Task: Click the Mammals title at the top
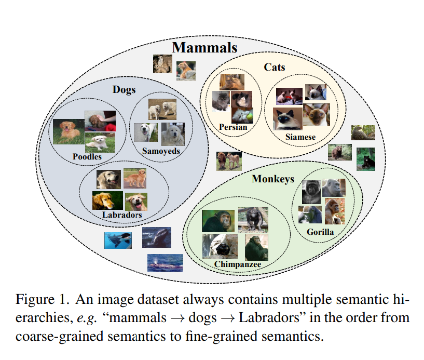204,48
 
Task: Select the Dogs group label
124,90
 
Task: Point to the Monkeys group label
272,179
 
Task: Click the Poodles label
87,156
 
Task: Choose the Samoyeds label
161,151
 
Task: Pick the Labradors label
122,215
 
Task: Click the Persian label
232,127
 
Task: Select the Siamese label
300,137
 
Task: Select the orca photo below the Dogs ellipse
118,240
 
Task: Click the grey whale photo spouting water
165,262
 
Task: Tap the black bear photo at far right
366,158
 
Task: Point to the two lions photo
229,161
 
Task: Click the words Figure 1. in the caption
42,300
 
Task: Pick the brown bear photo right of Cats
339,152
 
